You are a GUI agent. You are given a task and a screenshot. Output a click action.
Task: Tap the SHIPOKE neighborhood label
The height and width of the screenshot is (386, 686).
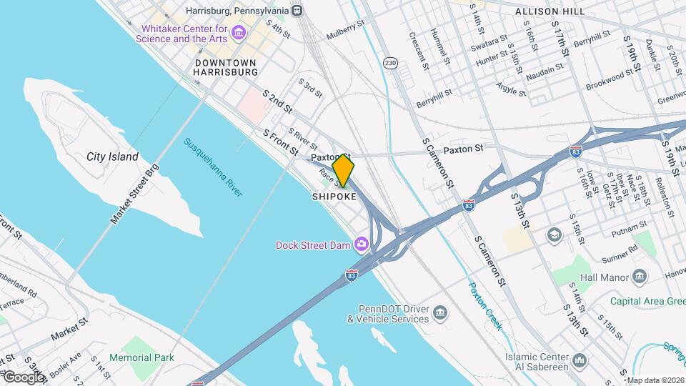(x=334, y=197)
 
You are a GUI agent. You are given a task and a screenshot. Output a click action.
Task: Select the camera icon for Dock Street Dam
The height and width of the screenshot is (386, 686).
(x=362, y=244)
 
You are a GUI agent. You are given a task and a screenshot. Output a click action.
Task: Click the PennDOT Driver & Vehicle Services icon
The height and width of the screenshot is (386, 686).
(x=441, y=313)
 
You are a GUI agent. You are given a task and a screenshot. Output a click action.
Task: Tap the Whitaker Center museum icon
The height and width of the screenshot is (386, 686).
(x=239, y=34)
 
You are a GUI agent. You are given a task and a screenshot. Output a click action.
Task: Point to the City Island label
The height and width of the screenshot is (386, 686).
(x=112, y=157)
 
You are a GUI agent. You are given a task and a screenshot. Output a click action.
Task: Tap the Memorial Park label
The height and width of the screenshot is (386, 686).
(x=142, y=357)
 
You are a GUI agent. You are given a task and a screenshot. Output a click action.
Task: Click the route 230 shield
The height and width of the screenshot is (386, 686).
(x=390, y=63)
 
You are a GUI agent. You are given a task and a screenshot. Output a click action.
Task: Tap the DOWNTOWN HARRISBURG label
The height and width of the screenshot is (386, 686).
(x=226, y=67)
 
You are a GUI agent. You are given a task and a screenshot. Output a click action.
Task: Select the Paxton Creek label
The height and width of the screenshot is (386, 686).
(x=485, y=306)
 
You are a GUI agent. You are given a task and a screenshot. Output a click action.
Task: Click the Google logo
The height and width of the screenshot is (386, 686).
(x=23, y=377)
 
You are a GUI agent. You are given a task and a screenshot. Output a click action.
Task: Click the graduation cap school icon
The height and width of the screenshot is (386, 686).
(x=554, y=234)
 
